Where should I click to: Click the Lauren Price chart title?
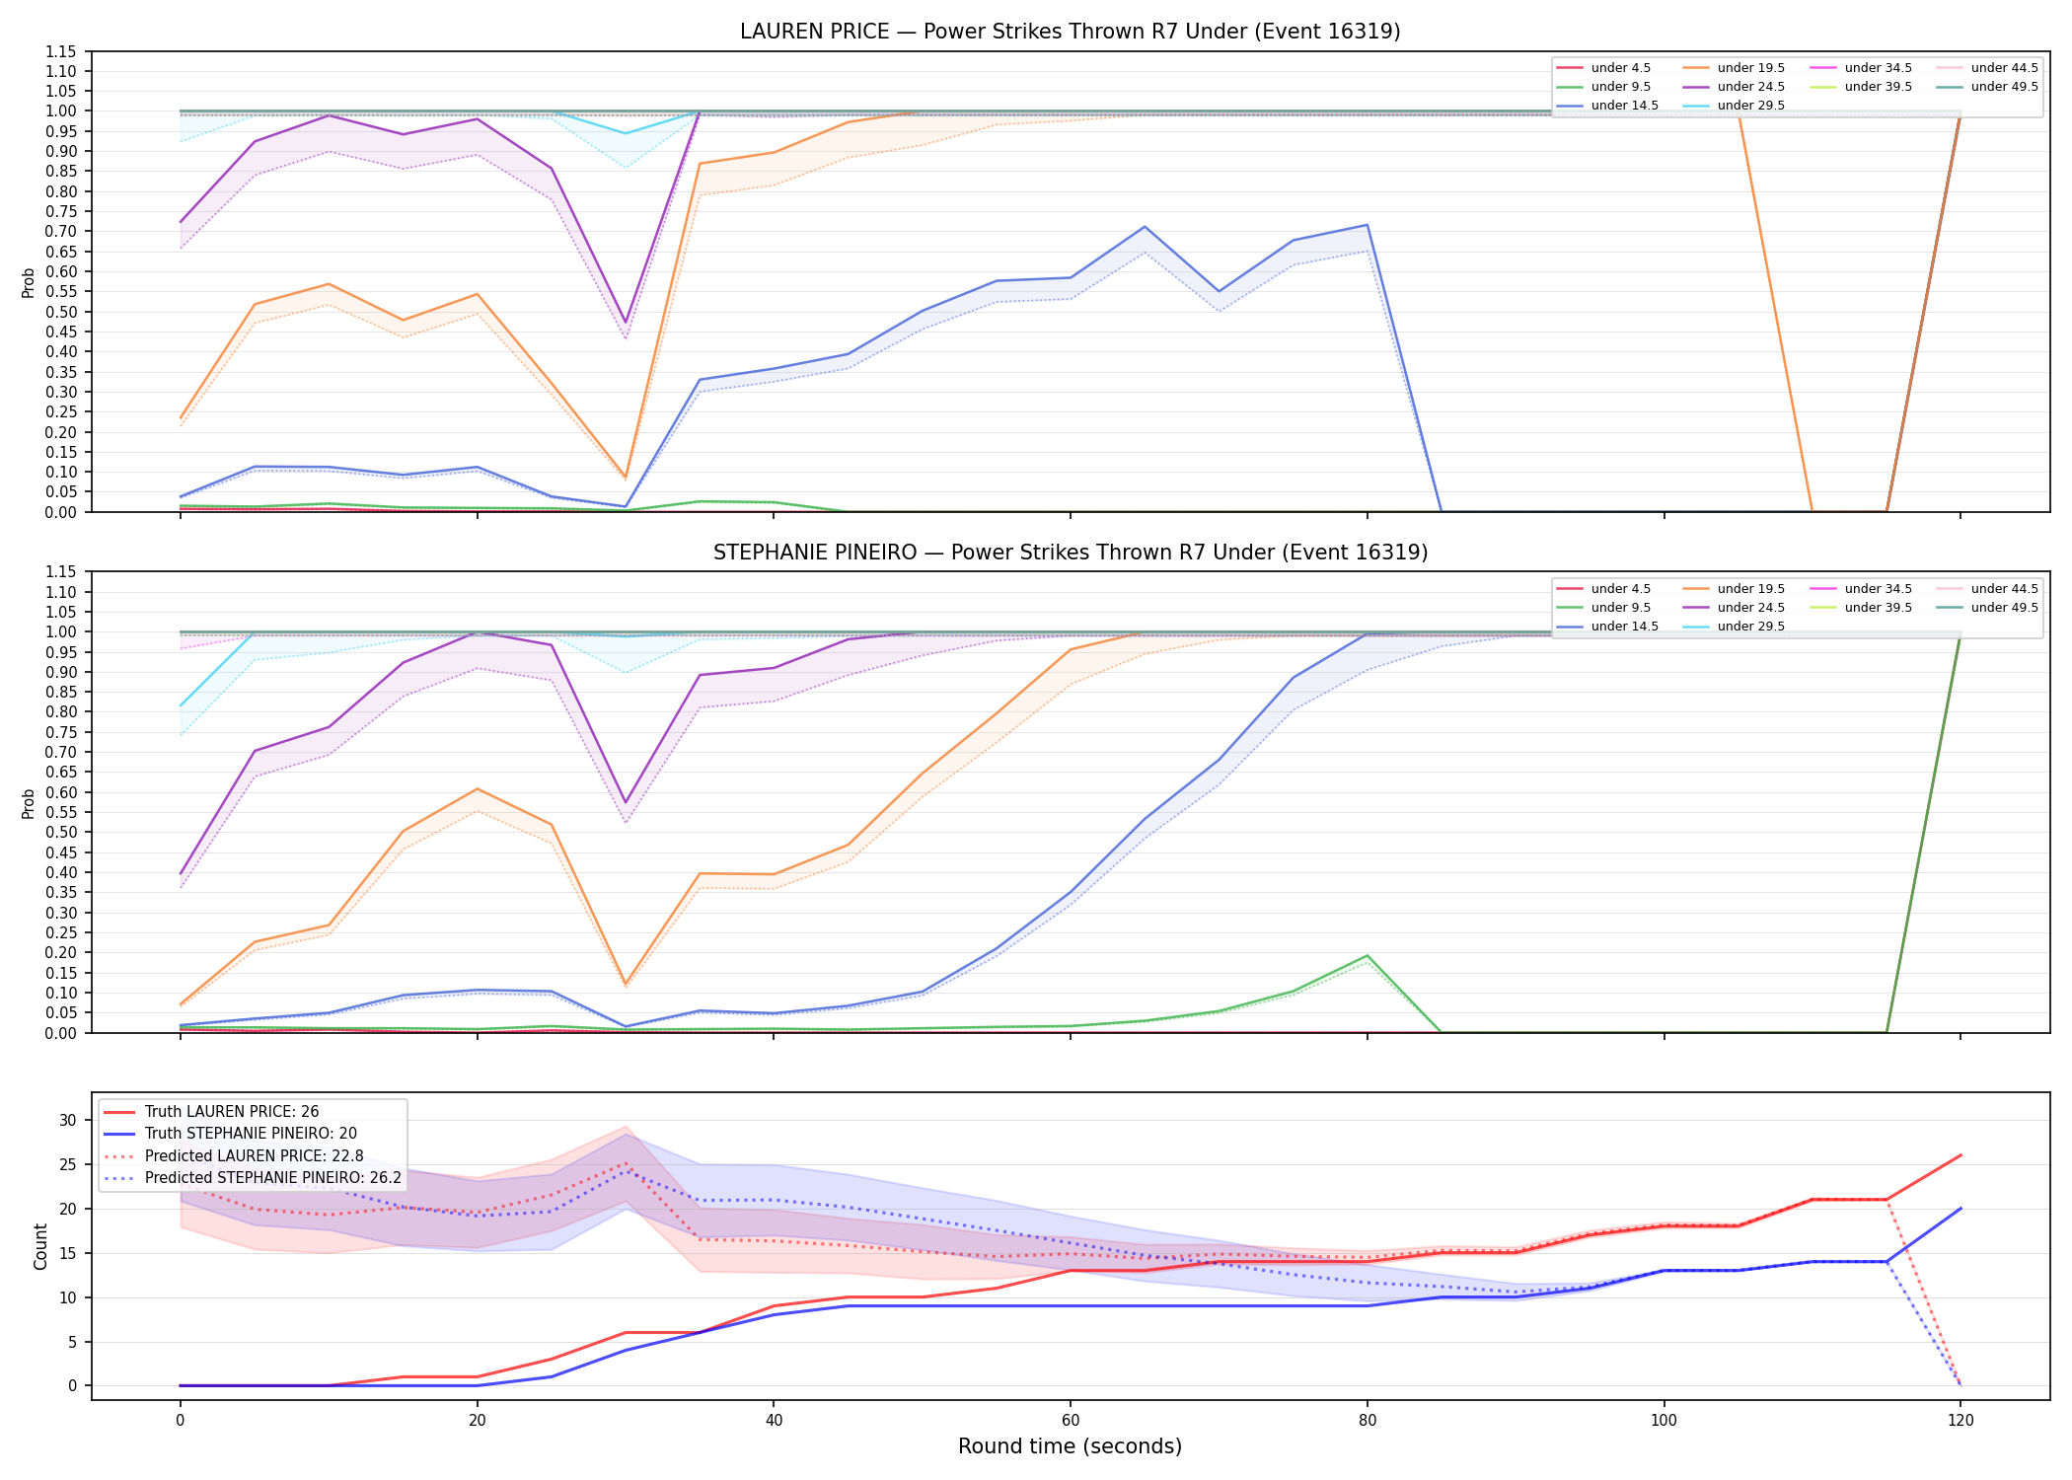(x=1071, y=32)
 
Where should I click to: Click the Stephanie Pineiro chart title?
(x=1071, y=553)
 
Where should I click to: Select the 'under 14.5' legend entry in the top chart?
(x=1607, y=106)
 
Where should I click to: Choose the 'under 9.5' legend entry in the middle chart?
(x=1603, y=608)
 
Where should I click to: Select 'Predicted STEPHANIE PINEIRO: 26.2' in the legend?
(x=253, y=1178)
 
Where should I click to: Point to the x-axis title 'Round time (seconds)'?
(x=1070, y=1446)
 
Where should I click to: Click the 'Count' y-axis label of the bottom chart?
(x=40, y=1246)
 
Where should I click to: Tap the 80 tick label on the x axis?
(x=1367, y=1421)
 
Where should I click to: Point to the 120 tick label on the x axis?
(x=1961, y=1421)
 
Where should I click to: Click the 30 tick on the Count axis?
(x=68, y=1120)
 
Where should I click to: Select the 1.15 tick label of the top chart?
(x=60, y=51)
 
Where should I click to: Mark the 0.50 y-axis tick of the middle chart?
(x=60, y=832)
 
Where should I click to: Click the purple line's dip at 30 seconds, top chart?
(x=626, y=323)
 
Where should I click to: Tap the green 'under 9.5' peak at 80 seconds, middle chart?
(x=1367, y=956)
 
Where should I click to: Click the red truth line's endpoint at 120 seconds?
(x=1961, y=1155)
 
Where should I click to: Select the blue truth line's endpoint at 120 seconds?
(x=1961, y=1209)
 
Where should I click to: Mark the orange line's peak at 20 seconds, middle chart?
(x=478, y=789)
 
